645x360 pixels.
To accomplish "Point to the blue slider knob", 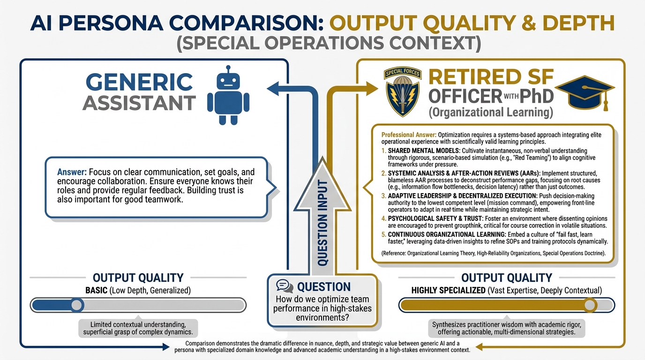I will point(76,305).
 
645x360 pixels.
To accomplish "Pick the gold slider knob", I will point(590,305).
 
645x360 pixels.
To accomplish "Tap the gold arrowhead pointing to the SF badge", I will point(372,88).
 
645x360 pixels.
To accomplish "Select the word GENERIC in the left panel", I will point(139,82).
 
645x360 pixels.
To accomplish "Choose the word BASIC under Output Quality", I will point(96,291).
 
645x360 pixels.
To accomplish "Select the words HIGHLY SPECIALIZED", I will point(448,291).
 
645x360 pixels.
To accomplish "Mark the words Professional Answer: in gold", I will point(409,135).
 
